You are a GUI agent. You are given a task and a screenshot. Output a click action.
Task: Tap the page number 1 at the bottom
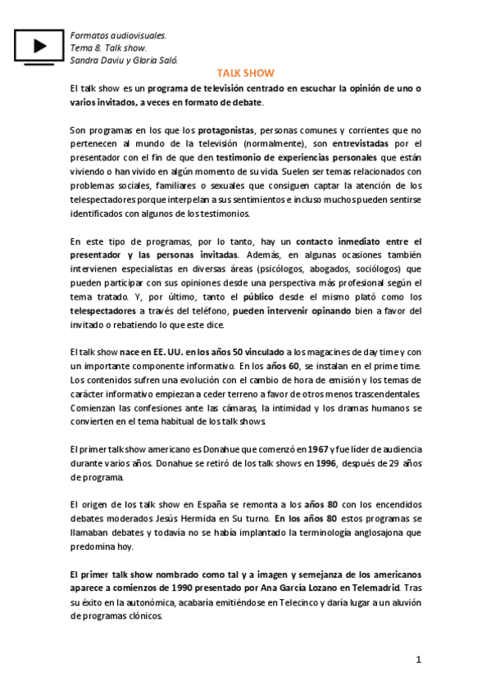click(x=417, y=660)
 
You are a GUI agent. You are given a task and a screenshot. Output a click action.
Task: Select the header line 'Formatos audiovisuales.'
click(x=118, y=36)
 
